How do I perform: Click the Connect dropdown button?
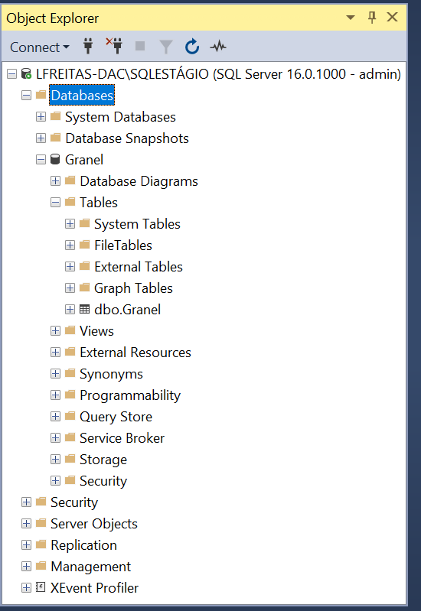click(x=39, y=47)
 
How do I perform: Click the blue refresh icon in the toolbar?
click(x=192, y=47)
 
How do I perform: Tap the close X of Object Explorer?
click(x=392, y=17)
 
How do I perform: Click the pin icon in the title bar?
click(x=372, y=17)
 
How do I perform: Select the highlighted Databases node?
click(x=82, y=96)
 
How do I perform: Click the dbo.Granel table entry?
click(x=127, y=310)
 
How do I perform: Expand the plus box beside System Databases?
click(x=41, y=116)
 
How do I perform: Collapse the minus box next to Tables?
click(x=55, y=202)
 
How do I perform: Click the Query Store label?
click(x=116, y=417)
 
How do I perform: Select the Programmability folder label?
click(x=130, y=395)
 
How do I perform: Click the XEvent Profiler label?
click(x=94, y=587)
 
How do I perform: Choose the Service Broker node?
click(x=122, y=438)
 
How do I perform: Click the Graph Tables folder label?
click(x=133, y=288)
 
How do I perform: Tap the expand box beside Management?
click(x=26, y=566)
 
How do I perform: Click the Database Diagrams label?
click(x=139, y=181)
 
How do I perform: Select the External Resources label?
click(x=135, y=353)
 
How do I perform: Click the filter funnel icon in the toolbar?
click(x=166, y=47)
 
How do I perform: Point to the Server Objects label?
click(x=94, y=524)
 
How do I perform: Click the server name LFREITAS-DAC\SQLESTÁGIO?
click(x=122, y=73)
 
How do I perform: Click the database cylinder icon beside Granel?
click(x=55, y=159)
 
